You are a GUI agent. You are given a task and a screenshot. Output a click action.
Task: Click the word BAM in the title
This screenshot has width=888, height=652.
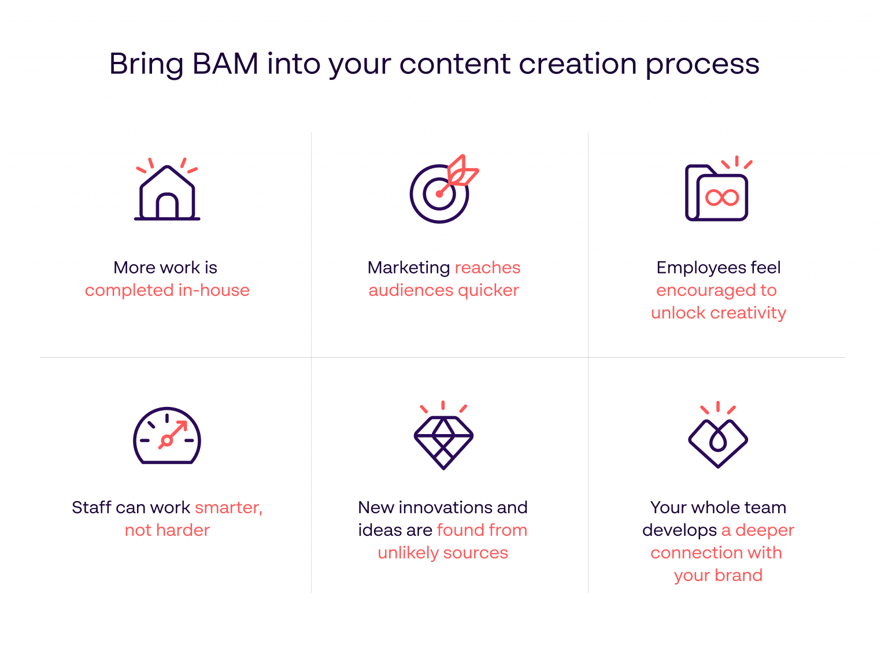[225, 64]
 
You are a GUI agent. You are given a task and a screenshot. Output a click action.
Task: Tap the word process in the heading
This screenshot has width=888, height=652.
[702, 65]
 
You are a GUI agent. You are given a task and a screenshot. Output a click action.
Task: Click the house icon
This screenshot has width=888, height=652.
[167, 192]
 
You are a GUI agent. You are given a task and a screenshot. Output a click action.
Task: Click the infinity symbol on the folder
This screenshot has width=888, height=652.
[722, 198]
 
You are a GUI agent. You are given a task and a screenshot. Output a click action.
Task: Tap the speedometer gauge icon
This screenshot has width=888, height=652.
[167, 436]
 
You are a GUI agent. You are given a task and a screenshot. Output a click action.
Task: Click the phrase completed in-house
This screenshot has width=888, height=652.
[167, 290]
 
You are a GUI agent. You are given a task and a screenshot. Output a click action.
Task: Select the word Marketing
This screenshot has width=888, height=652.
[409, 268]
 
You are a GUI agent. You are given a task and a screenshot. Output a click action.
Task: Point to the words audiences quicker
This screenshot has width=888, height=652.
[443, 290]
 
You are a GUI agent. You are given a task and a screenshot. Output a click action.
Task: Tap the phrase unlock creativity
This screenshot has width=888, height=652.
[718, 313]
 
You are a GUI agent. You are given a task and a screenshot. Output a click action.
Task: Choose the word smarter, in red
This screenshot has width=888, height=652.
[229, 507]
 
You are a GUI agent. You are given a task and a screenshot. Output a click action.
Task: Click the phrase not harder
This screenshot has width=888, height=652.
[167, 530]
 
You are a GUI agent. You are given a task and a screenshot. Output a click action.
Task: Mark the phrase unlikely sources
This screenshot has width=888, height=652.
[443, 553]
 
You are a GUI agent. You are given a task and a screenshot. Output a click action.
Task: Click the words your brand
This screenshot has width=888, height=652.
[718, 575]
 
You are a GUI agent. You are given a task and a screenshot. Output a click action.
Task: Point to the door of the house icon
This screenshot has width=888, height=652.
[167, 207]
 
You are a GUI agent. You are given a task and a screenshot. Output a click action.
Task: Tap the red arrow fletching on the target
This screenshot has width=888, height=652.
[462, 171]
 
